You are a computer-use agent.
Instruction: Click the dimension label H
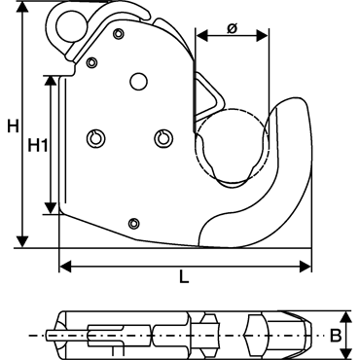pyautogui.click(x=14, y=126)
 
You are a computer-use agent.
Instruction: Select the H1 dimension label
pyautogui.click(x=38, y=145)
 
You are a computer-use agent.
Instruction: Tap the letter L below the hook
pyautogui.click(x=184, y=277)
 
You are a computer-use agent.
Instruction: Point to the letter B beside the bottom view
pyautogui.click(x=336, y=336)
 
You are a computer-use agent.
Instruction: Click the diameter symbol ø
pyautogui.click(x=233, y=28)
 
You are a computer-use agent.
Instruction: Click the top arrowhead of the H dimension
pyautogui.click(x=22, y=8)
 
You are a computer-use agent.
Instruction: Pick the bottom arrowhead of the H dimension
pyautogui.click(x=22, y=241)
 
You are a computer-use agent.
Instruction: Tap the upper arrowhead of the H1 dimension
pyautogui.click(x=50, y=82)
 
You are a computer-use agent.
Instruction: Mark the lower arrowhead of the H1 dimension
pyautogui.click(x=50, y=208)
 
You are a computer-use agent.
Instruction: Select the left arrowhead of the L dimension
pyautogui.click(x=66, y=267)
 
